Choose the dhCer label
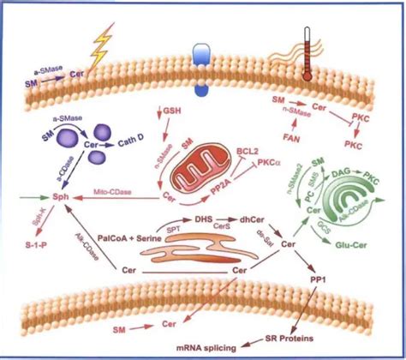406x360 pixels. pos(252,219)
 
